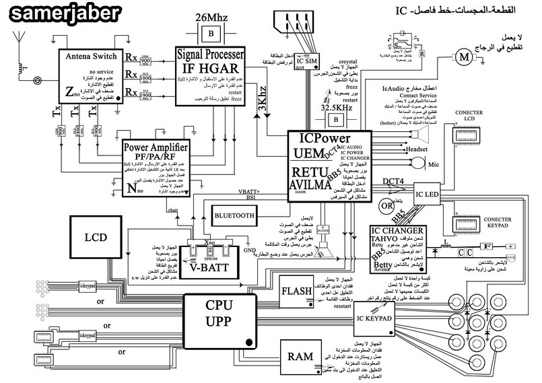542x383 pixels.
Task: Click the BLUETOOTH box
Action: coord(234,215)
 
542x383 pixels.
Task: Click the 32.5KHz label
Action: coord(334,108)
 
